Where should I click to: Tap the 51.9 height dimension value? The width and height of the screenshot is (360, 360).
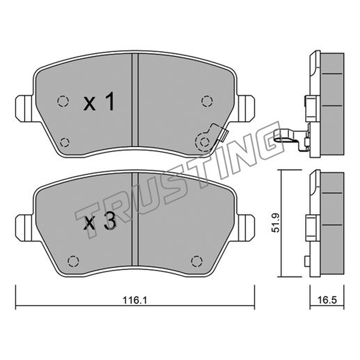pyautogui.click(x=275, y=223)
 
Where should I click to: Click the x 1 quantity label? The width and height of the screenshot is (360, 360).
pyautogui.click(x=99, y=102)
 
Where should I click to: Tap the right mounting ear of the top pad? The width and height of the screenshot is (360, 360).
pyautogui.click(x=246, y=108)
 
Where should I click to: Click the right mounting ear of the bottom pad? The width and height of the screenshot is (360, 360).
pyautogui.click(x=246, y=228)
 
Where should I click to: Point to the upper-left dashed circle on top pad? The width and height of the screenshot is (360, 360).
pyautogui.click(x=63, y=101)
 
